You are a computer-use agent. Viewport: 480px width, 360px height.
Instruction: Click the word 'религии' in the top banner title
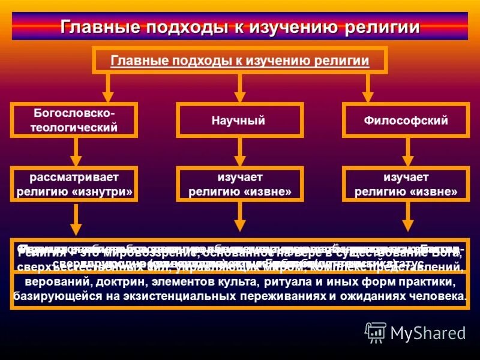383,28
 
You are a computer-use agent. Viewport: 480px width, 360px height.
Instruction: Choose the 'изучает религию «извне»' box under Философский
406,184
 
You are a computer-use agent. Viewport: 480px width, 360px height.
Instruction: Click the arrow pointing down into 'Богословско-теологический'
108,88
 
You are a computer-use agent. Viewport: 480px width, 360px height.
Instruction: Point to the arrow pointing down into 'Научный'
239,88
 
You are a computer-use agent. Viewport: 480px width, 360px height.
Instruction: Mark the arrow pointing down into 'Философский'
368,88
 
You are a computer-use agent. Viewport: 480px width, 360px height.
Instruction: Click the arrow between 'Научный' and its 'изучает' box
239,152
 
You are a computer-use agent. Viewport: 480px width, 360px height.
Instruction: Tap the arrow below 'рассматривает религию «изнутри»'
76,219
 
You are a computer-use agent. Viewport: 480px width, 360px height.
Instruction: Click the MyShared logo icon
376,332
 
